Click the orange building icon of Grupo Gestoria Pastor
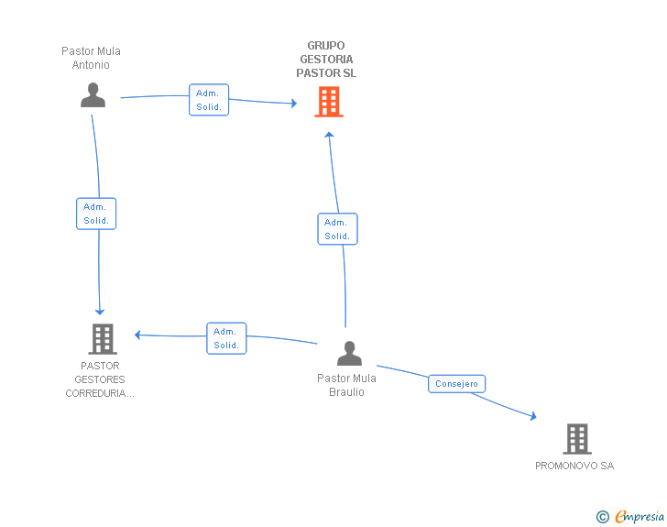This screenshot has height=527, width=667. pyautogui.click(x=329, y=102)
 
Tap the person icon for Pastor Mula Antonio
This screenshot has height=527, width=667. pyautogui.click(x=93, y=95)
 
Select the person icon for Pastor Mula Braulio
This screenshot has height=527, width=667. pyautogui.click(x=349, y=354)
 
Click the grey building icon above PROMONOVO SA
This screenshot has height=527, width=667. pyautogui.click(x=577, y=439)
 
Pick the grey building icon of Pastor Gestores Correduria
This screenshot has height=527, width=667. pyautogui.click(x=103, y=339)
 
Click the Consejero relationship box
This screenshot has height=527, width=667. pyautogui.click(x=456, y=383)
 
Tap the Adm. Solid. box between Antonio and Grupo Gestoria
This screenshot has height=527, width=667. pyautogui.click(x=209, y=100)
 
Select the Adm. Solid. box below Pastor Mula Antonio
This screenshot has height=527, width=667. pyautogui.click(x=96, y=214)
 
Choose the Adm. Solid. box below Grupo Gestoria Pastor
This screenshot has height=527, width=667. pyautogui.click(x=337, y=229)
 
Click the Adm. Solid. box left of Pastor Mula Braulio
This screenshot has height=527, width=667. pyautogui.click(x=226, y=338)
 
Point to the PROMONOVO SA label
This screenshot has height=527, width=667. pyautogui.click(x=574, y=466)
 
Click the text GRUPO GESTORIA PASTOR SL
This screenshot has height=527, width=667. pyautogui.click(x=326, y=60)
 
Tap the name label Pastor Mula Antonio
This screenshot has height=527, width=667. pyautogui.click(x=91, y=58)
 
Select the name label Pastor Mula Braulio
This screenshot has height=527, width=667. pyautogui.click(x=346, y=385)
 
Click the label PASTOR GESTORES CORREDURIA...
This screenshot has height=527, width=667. pyautogui.click(x=100, y=379)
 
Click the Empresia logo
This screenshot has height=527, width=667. pyautogui.click(x=640, y=516)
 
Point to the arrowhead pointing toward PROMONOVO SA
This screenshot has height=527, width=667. pyautogui.click(x=533, y=416)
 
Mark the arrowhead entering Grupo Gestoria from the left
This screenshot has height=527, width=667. pyautogui.click(x=294, y=103)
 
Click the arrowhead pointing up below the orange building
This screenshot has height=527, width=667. pyautogui.click(x=329, y=135)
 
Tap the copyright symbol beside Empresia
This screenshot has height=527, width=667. pyautogui.click(x=602, y=517)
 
